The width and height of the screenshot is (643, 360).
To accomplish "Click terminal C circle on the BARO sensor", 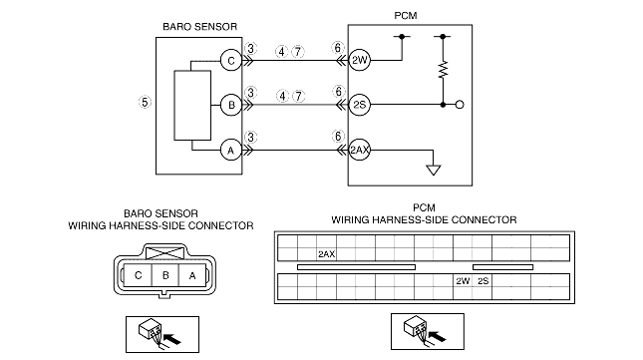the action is pos(231,60).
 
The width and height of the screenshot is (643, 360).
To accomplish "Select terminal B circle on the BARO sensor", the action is pos(231,105).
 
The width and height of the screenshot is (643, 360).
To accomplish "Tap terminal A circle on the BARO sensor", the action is pos(231,150).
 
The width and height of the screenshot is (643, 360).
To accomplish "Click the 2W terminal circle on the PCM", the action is pos(359,60).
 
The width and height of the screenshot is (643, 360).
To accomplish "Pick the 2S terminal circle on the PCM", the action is pos(359,105).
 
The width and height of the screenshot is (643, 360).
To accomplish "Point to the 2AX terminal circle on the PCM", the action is pos(359,150).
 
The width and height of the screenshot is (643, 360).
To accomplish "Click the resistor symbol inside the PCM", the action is pos(443,69).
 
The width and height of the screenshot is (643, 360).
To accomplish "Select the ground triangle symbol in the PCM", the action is pos(434,171).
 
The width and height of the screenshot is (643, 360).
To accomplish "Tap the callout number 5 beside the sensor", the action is pos(145,102).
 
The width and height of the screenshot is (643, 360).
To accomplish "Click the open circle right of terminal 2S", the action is pos(460,105).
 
